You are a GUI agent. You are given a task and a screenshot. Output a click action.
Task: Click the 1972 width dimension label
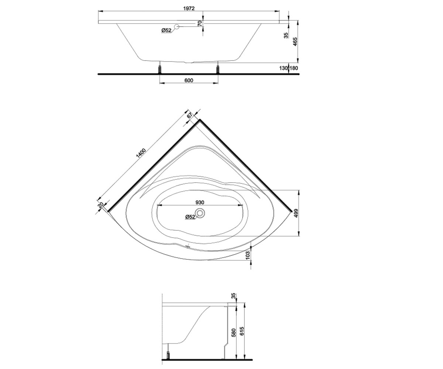pos(189,8)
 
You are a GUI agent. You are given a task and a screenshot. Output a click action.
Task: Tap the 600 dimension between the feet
pos(189,80)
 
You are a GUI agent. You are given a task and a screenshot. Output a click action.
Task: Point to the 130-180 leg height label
pos(289,68)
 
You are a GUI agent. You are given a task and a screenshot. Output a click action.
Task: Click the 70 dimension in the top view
pos(200,23)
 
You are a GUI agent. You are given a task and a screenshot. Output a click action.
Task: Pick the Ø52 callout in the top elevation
pos(166,30)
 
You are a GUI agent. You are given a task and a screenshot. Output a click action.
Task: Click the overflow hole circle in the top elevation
pos(176,27)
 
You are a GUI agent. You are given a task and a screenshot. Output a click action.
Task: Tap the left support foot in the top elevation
pos(159,69)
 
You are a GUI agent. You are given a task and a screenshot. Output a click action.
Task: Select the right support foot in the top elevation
pos(218,69)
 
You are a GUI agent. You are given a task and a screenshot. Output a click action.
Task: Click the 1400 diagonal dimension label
pos(141,154)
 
